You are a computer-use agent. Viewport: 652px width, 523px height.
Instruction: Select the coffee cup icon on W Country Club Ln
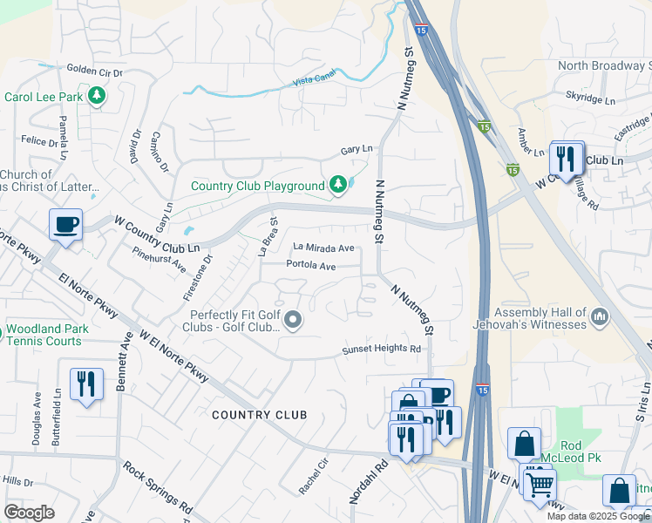click(66, 226)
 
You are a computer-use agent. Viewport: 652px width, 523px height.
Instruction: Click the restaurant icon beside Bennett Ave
click(86, 384)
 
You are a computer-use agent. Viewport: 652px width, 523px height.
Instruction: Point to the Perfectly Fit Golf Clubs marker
click(294, 323)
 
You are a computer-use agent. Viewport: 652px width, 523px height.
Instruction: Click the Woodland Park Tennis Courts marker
click(2, 332)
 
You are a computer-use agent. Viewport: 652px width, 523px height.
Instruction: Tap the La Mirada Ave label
click(323, 248)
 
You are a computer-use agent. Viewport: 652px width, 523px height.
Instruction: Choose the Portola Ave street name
click(311, 266)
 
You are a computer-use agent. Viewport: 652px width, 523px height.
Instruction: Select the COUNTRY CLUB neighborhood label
click(259, 415)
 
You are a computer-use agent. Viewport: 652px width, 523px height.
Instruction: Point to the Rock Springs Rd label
click(158, 486)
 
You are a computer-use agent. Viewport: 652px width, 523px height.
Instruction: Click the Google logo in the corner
click(30, 513)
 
